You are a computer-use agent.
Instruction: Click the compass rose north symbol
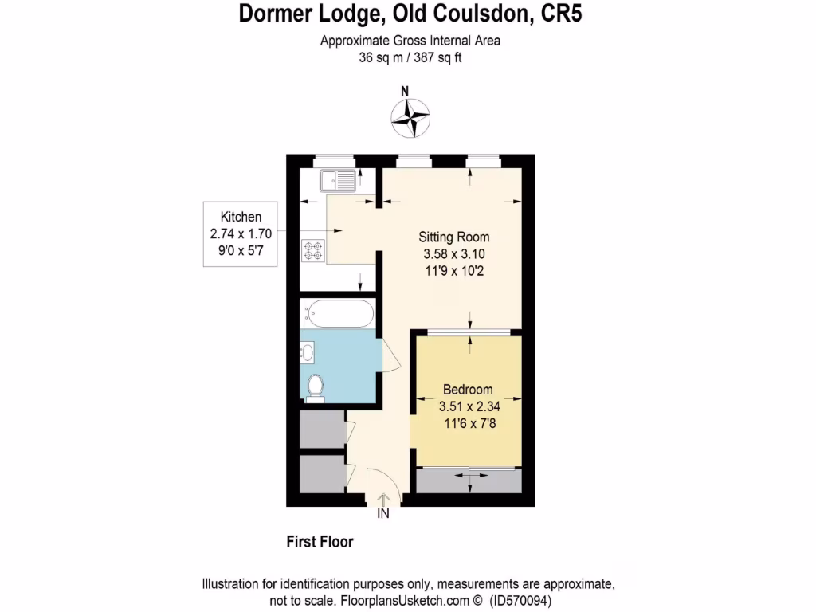pyautogui.click(x=410, y=116)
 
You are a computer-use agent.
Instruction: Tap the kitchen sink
pyautogui.click(x=339, y=181)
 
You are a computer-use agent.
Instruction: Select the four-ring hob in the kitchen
pyautogui.click(x=313, y=251)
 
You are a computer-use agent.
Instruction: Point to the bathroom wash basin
pyautogui.click(x=308, y=351)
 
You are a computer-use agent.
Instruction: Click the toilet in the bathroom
pyautogui.click(x=315, y=386)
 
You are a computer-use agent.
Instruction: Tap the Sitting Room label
pyautogui.click(x=454, y=237)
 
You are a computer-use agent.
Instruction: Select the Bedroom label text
pyautogui.click(x=468, y=390)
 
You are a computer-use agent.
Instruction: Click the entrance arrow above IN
pyautogui.click(x=383, y=499)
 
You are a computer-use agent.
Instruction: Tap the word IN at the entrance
pyautogui.click(x=383, y=514)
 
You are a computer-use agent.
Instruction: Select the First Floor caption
pyautogui.click(x=320, y=542)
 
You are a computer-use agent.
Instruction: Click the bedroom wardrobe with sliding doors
pyautogui.click(x=469, y=481)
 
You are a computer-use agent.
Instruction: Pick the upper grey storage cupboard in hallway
pyautogui.click(x=321, y=430)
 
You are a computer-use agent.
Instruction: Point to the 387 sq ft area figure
pyautogui.click(x=435, y=57)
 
